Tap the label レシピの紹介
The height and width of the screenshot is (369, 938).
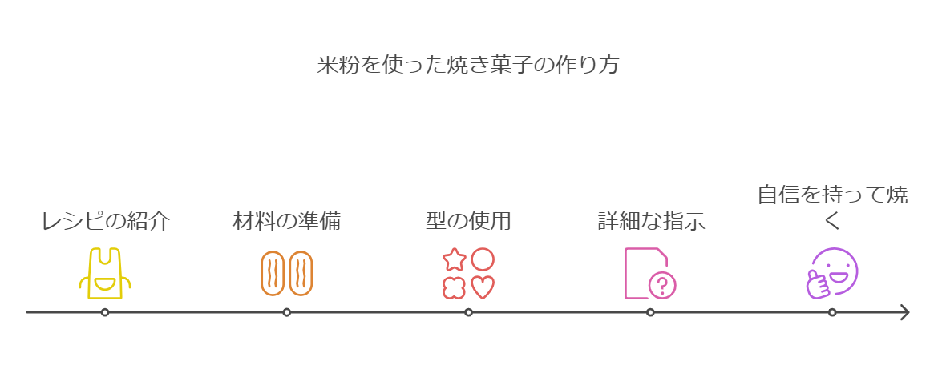[x=105, y=222]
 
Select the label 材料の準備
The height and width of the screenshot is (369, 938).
[x=286, y=222]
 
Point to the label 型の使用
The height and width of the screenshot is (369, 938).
[x=468, y=222]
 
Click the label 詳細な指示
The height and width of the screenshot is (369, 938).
[x=651, y=222]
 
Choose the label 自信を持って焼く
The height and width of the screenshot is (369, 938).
[x=832, y=207]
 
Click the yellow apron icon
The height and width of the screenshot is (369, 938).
[x=105, y=273]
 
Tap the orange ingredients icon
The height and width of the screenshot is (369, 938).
[x=286, y=273]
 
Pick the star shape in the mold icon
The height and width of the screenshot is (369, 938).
[x=455, y=259]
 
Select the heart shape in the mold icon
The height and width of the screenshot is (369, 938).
[x=483, y=287]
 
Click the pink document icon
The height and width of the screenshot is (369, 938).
[x=646, y=273]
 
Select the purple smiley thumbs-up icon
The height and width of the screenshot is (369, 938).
[x=832, y=273]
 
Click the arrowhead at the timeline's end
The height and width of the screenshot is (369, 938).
[x=904, y=312]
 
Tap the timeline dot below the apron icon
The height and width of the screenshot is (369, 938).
[x=105, y=312]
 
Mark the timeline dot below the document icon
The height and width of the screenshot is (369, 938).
[x=650, y=312]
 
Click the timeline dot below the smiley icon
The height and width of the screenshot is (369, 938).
[x=832, y=312]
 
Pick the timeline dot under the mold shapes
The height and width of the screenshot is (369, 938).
[x=468, y=312]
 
